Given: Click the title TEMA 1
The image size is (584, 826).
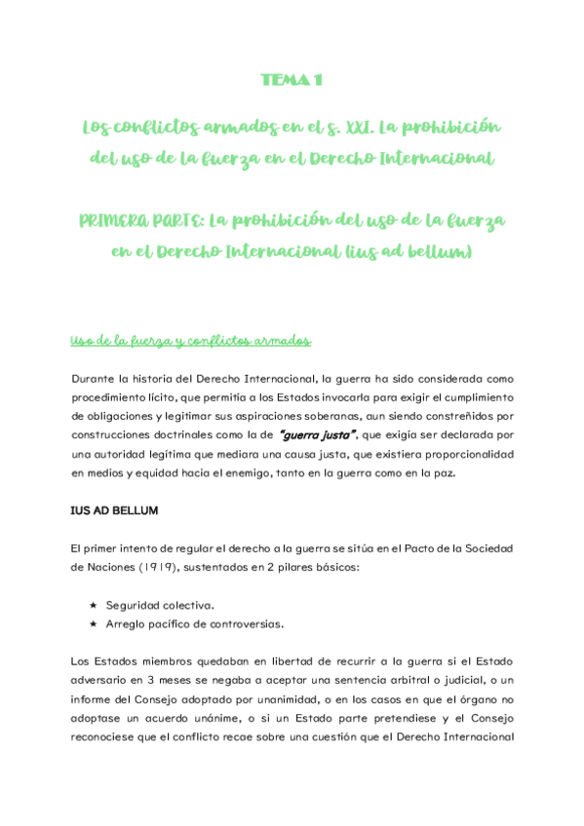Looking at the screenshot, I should click(x=292, y=80).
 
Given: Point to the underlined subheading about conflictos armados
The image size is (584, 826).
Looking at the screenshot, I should click(x=191, y=340).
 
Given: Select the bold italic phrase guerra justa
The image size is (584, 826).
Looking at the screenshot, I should click(x=318, y=433).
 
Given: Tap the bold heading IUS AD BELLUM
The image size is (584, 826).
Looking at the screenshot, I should click(x=115, y=509).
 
